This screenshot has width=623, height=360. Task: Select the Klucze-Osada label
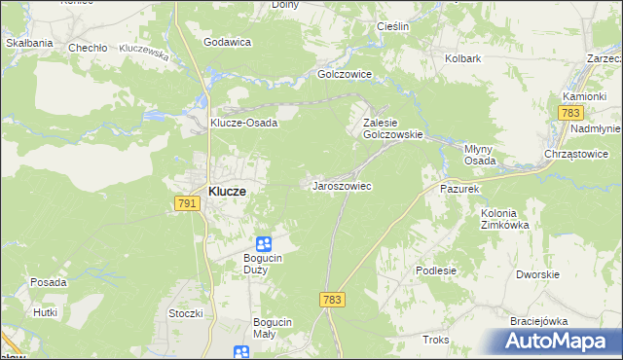(244, 123)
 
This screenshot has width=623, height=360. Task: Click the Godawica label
(228, 42)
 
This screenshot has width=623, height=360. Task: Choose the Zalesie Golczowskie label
(392, 129)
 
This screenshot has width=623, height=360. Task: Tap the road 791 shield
(188, 203)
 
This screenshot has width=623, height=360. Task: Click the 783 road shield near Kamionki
(571, 113)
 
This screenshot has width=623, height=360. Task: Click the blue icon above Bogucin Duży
(264, 244)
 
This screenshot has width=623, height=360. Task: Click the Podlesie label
(435, 270)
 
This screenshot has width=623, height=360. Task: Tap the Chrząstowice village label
(576, 154)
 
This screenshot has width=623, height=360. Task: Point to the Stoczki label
(185, 313)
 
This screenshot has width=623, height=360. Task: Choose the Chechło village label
(87, 47)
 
